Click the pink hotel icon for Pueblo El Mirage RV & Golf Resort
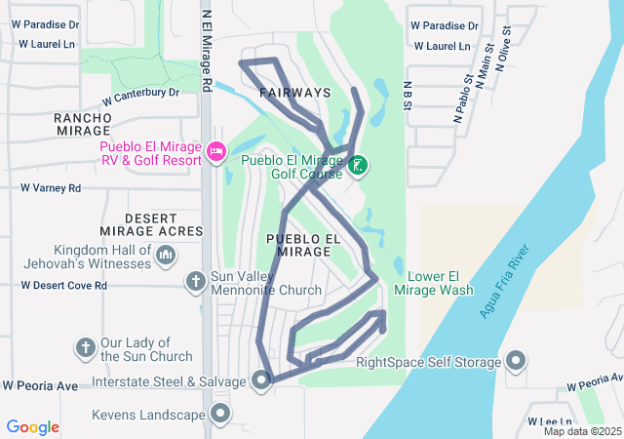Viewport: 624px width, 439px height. coord(216,151)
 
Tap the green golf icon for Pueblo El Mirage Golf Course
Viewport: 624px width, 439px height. coord(359,166)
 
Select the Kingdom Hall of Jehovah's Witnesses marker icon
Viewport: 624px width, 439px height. coord(165,256)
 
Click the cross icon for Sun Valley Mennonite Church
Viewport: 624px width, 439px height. coord(195,282)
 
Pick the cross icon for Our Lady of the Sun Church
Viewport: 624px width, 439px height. coord(85,347)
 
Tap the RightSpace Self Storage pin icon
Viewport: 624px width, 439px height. coord(516,363)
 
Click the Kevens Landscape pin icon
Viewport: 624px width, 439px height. coord(220,415)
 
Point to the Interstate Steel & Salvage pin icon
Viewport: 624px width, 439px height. coord(261,380)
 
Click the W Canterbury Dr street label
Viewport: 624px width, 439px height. coord(142,95)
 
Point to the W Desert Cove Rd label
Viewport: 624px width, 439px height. coord(63,286)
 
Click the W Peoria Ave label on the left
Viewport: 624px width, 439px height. coord(39,386)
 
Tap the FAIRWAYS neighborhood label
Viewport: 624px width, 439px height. coord(295,93)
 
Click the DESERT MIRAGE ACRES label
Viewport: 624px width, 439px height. coord(164,224)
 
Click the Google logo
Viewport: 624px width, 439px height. coord(33,427)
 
